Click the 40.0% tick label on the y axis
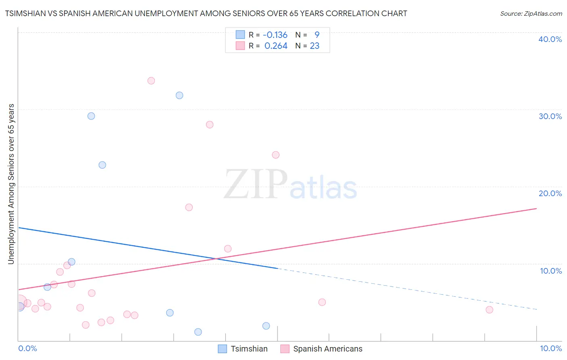tap(550, 39)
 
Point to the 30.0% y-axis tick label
tap(550, 116)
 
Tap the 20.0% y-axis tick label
tap(550, 193)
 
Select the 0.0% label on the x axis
tap(28, 348)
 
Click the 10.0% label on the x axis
tap(550, 348)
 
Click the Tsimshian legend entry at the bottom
tap(243, 349)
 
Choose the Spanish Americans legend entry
tap(321, 349)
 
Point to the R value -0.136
tap(275, 35)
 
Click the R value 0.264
tap(276, 46)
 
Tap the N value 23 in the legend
tap(315, 46)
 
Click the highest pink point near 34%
tap(151, 81)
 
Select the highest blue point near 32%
tap(179, 95)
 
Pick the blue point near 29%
tap(91, 116)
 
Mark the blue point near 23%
tap(102, 165)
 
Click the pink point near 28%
tap(210, 125)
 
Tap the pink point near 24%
tap(276, 155)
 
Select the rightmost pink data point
tap(489, 310)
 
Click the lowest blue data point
tap(198, 332)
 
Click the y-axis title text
tap(11, 184)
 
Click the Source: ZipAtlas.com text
tap(531, 14)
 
